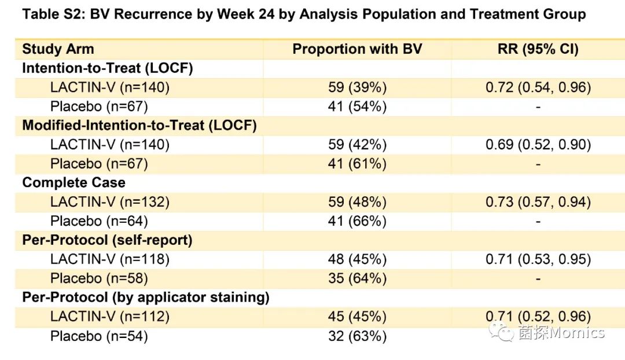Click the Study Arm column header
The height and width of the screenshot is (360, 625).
click(x=58, y=49)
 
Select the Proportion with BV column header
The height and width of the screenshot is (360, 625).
click(x=357, y=49)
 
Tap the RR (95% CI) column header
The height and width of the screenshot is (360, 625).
click(x=538, y=49)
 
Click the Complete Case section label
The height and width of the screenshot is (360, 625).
click(x=73, y=183)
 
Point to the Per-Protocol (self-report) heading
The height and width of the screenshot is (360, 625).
click(x=107, y=240)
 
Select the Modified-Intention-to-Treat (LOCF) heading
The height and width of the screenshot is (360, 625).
click(x=139, y=126)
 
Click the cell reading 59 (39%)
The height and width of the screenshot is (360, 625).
click(x=357, y=87)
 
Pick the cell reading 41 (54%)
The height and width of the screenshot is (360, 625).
click(x=357, y=106)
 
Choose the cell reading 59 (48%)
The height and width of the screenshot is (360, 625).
click(x=357, y=202)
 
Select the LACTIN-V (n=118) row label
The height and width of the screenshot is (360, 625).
click(x=110, y=259)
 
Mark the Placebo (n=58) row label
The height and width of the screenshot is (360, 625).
click(x=99, y=278)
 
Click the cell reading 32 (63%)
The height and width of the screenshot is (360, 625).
click(x=357, y=336)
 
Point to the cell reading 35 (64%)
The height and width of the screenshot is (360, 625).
click(x=357, y=278)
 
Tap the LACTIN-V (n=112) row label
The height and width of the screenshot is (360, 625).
click(x=110, y=317)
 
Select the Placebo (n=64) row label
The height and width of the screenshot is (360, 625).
click(x=99, y=221)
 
